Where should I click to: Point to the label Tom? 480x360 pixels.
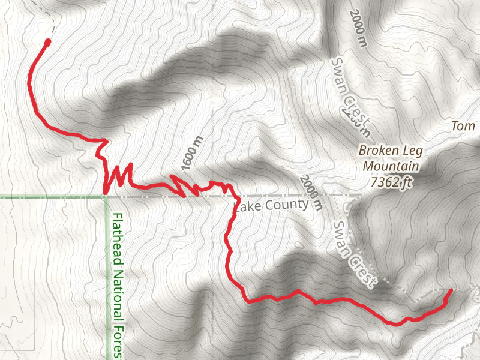[463, 126]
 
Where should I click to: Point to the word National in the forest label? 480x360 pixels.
[117, 295]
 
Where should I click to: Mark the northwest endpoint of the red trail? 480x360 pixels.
[47, 41]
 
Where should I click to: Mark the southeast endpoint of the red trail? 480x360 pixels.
[450, 291]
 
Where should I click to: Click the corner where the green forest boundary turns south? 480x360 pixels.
[106, 196]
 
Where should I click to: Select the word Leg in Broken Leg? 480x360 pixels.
[408, 150]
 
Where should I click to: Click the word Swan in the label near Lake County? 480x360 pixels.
[341, 236]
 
